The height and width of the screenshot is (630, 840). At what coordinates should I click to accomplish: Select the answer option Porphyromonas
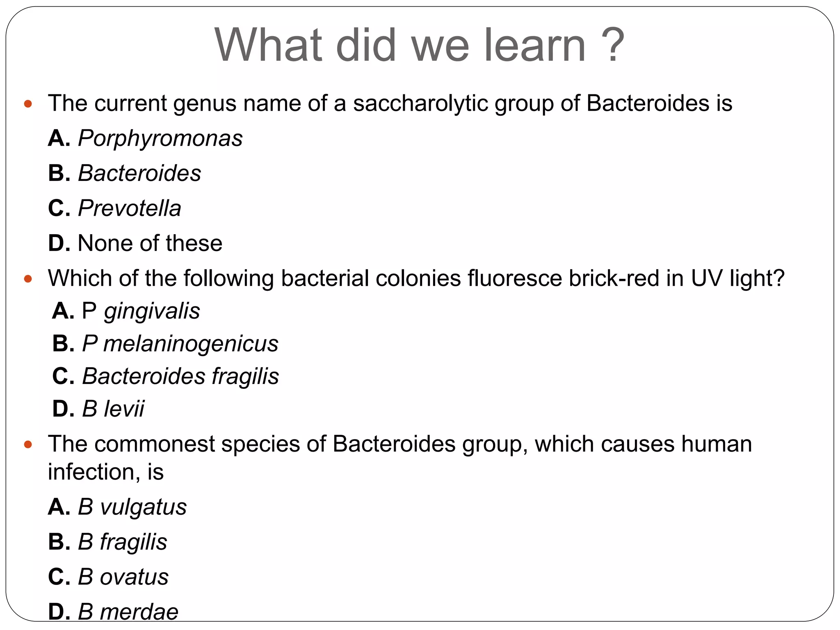[x=160, y=138]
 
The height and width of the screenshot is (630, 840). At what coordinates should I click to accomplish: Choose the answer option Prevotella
[x=129, y=208]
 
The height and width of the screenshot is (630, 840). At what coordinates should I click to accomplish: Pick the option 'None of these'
[x=150, y=243]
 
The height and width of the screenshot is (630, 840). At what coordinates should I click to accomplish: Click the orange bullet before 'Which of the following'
[x=28, y=279]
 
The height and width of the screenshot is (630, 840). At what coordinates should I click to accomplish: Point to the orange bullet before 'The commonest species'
[x=28, y=445]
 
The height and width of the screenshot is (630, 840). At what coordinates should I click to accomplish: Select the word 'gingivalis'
[x=152, y=311]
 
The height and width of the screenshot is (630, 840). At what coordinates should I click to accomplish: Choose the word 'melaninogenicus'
[x=191, y=344]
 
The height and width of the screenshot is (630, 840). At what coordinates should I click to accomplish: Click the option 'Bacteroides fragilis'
[x=180, y=377]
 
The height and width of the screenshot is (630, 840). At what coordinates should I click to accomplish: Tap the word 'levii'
[x=124, y=409]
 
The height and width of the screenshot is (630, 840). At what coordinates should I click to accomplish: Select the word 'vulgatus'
[x=143, y=507]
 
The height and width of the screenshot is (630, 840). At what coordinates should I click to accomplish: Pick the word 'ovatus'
[x=134, y=577]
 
